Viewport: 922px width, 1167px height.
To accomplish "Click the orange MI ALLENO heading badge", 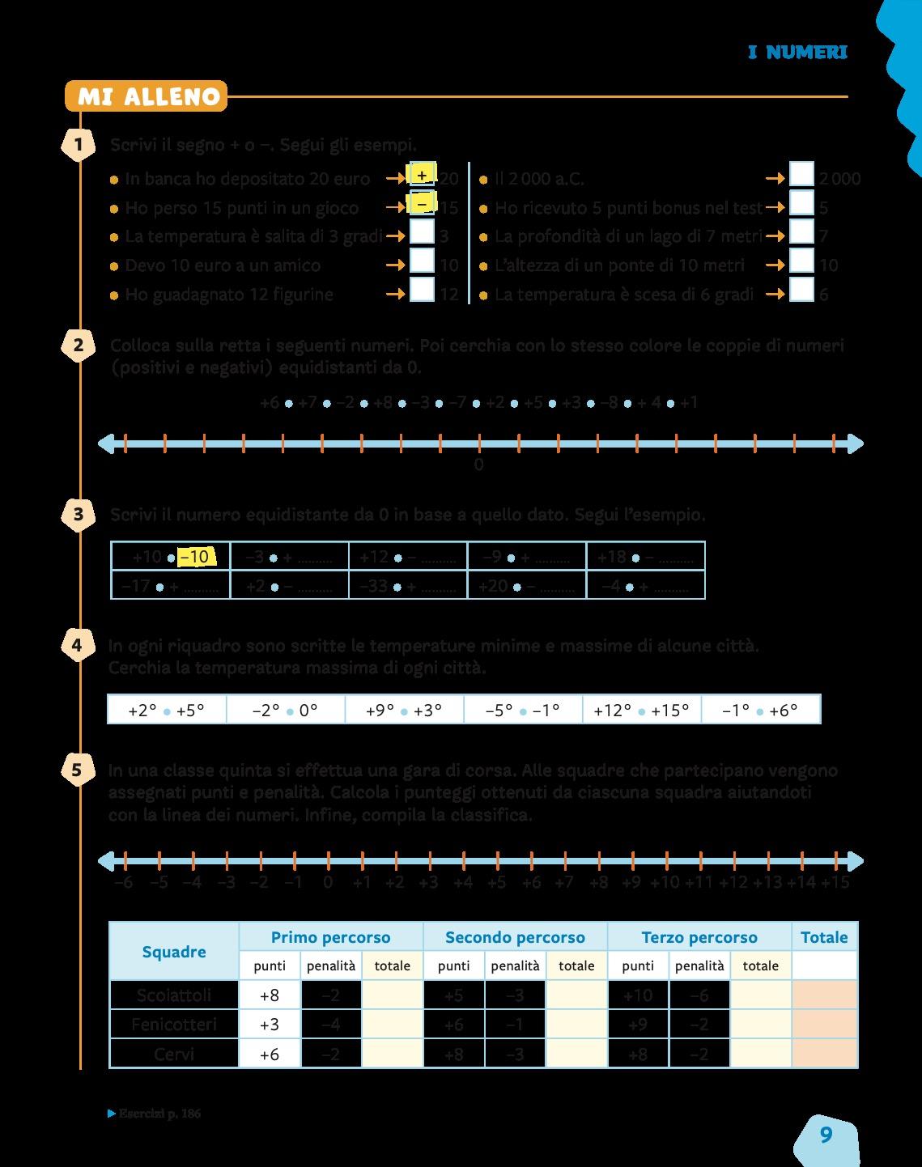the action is point(147,97).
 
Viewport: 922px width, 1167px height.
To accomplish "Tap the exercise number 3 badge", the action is point(78,514).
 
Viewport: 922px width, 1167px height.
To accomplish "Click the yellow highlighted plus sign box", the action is point(422,175).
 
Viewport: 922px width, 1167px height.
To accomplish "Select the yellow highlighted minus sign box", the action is point(422,206).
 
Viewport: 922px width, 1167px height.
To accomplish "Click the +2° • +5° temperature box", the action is point(167,710).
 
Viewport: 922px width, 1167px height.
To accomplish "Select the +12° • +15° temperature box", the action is point(641,710).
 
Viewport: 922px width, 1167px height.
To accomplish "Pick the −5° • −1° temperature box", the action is point(523,710).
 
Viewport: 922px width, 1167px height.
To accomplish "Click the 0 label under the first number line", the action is point(478,465).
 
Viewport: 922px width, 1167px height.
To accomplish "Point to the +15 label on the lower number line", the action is point(835,882).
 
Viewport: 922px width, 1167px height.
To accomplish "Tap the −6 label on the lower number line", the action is point(124,882).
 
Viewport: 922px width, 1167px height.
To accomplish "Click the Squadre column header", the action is point(174,952).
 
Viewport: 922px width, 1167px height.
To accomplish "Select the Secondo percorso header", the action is point(515,937).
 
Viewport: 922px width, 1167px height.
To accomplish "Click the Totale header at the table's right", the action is point(824,937).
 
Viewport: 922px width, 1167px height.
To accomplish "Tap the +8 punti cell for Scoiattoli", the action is point(270,995).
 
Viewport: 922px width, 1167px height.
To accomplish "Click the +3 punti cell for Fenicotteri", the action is point(270,1025).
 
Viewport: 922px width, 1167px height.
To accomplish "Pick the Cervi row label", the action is point(174,1054).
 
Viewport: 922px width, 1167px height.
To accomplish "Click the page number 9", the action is point(826,1135).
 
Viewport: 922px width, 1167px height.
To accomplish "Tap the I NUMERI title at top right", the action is point(797,53).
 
